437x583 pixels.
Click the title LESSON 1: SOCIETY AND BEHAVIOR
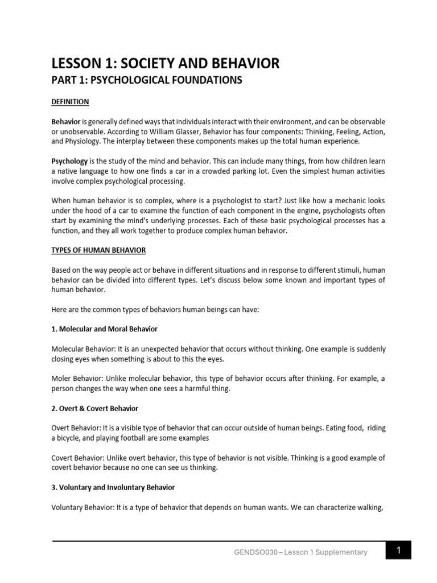point(166,63)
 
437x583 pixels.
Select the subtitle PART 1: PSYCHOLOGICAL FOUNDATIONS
point(147,80)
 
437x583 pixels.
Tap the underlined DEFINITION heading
point(70,102)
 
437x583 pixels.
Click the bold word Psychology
point(69,161)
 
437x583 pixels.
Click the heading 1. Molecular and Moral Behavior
point(105,329)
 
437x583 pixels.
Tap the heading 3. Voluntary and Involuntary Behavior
point(113,487)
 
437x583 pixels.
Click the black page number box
point(398,551)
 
